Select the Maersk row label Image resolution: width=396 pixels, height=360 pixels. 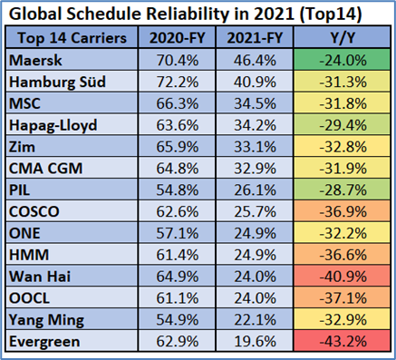point(37,61)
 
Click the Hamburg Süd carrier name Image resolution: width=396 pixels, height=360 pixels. point(58,82)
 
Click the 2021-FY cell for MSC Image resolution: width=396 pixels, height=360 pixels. point(256,102)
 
